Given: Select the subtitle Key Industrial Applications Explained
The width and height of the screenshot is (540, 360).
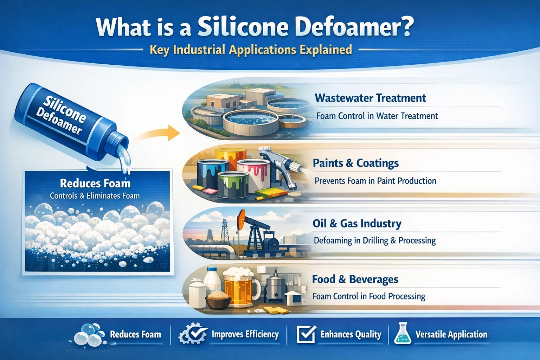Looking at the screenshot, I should coord(251,50).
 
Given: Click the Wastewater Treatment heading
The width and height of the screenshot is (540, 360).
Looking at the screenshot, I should coord(370,98).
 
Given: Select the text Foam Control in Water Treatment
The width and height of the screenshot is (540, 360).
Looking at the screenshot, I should coord(377,116).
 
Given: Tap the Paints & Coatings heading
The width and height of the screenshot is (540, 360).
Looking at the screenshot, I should coord(355,163).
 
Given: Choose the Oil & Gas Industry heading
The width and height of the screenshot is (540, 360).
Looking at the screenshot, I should coord(357,224).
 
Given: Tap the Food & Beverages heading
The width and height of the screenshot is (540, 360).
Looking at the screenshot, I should coord(355,279).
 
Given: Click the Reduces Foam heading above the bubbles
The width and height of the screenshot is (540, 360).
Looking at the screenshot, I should coord(95,183).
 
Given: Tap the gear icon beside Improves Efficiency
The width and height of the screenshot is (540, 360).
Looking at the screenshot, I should coord(192,334).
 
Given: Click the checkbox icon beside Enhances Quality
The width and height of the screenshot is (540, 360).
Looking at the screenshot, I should coord(306,334).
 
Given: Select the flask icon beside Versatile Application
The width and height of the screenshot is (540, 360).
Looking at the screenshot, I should coord(403,334).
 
